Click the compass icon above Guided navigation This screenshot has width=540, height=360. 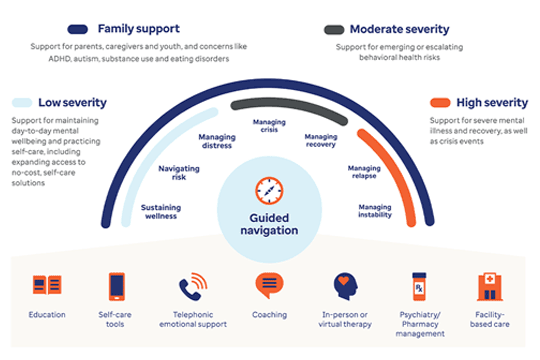269,191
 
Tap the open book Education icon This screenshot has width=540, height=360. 47,285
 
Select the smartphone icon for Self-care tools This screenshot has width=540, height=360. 117,286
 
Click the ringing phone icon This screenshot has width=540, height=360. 193,286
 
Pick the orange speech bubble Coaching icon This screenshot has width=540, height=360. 269,285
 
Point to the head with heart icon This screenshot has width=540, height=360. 345,286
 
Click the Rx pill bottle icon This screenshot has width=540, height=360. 419,286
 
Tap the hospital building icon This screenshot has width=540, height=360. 490,287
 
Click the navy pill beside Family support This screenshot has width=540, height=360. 78,29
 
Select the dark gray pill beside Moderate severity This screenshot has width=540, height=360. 334,30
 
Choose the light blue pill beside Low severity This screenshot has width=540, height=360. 22,102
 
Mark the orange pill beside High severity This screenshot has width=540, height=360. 440,103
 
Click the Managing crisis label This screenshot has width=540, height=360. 269,126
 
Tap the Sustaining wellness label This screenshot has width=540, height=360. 161,212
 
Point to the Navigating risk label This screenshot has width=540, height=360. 179,173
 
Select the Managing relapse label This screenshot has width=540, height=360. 364,172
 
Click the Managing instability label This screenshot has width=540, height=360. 375,211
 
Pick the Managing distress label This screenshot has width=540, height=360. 217,141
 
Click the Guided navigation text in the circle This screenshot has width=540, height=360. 269,224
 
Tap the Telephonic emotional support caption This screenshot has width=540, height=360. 193,319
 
